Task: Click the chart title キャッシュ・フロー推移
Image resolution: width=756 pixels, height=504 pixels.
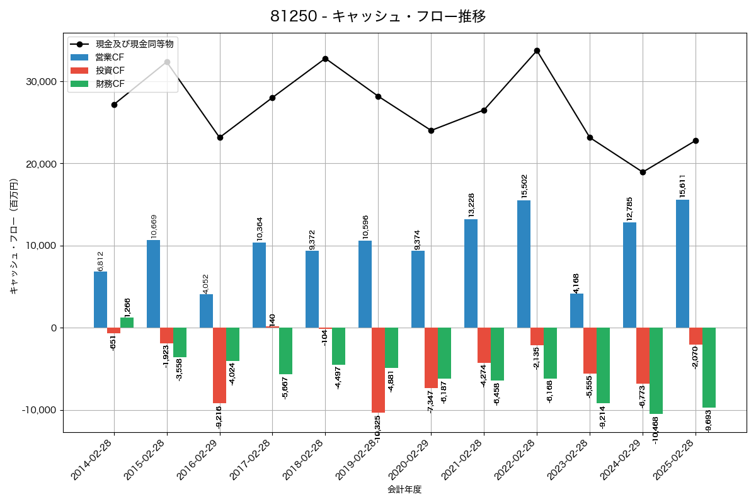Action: point(378,16)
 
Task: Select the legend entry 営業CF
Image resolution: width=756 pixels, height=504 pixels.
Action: point(110,57)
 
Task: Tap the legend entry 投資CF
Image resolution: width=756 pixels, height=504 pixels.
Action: point(110,71)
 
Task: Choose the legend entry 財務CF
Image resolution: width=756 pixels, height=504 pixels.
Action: point(110,84)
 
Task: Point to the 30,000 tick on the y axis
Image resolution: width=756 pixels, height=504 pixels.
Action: point(39,82)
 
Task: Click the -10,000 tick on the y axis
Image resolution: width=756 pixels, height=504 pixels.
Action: point(37,410)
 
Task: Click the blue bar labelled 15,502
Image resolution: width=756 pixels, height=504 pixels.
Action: point(524,264)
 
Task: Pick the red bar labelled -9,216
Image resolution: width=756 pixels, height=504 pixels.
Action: point(219,365)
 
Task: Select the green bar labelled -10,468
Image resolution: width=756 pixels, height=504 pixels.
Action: point(656,370)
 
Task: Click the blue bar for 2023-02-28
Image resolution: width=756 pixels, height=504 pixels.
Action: point(576,311)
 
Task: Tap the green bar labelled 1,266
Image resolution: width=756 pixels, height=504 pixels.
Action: point(127,323)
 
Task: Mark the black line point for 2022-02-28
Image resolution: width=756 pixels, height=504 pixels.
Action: point(537,50)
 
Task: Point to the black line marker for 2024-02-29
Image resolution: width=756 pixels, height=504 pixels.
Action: point(643,172)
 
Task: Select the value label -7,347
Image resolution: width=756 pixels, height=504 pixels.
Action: point(432,401)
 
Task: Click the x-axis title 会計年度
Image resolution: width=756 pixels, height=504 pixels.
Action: point(404,489)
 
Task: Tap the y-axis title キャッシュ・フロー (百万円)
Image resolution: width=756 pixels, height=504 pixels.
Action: point(14,237)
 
